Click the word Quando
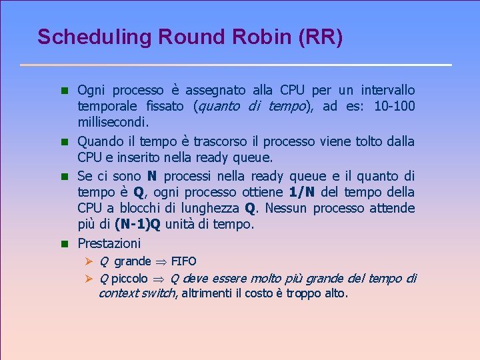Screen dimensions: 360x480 pyautogui.click(x=98, y=141)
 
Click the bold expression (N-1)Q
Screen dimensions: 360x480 pyautogui.click(x=137, y=225)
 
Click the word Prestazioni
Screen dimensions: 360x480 pyautogui.click(x=109, y=243)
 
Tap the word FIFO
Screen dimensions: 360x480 pyautogui.click(x=184, y=261)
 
